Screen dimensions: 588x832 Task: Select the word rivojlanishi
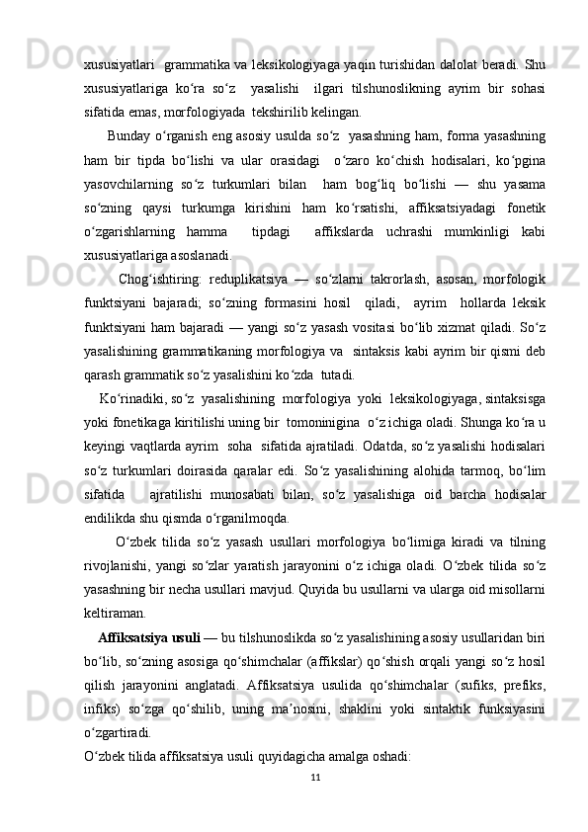tap(121, 562)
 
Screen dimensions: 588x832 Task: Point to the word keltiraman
tap(117, 610)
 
